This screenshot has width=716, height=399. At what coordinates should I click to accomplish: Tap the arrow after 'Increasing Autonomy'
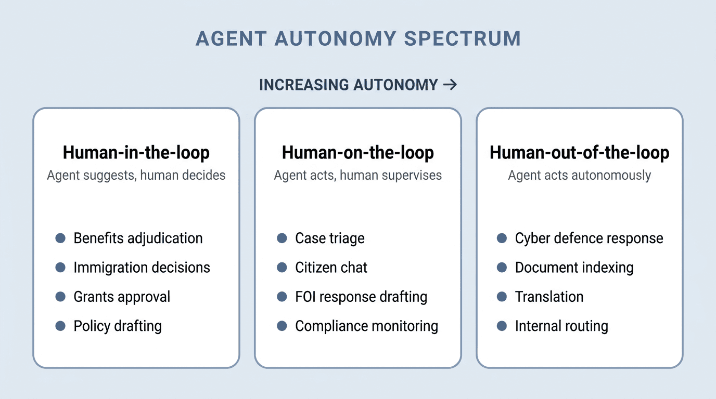[x=450, y=84]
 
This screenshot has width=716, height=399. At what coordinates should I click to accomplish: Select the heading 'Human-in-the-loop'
[x=136, y=153]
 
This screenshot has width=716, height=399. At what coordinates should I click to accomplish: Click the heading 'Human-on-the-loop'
[x=358, y=153]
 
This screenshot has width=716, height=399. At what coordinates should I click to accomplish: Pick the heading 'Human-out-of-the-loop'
[x=580, y=153]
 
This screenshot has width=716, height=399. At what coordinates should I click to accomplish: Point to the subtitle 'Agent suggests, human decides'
[x=136, y=175]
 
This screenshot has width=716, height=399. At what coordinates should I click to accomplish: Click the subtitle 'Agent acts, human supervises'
[x=358, y=175]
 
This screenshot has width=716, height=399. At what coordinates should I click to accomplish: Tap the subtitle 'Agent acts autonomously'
[x=580, y=175]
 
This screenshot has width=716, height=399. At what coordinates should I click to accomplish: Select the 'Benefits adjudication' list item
[x=138, y=238]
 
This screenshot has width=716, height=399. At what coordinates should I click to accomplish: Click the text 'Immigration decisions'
[x=142, y=268]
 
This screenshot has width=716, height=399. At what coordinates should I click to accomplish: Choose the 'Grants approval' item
[x=122, y=297]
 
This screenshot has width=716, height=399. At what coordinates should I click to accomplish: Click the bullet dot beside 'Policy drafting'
[x=60, y=326]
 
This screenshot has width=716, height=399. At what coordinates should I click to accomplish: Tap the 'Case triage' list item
[x=330, y=238]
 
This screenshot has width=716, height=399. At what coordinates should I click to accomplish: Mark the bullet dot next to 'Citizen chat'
[x=282, y=268]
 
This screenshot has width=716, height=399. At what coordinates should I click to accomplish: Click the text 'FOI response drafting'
[x=361, y=297]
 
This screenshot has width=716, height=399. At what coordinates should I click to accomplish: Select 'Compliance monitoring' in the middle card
[x=366, y=326]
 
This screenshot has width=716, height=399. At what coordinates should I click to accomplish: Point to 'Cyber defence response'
[x=589, y=238]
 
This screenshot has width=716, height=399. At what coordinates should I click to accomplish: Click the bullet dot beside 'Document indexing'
[x=502, y=268]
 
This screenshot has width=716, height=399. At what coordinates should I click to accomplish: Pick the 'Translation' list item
[x=549, y=297]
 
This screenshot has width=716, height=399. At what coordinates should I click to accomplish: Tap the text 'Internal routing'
[x=561, y=326]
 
